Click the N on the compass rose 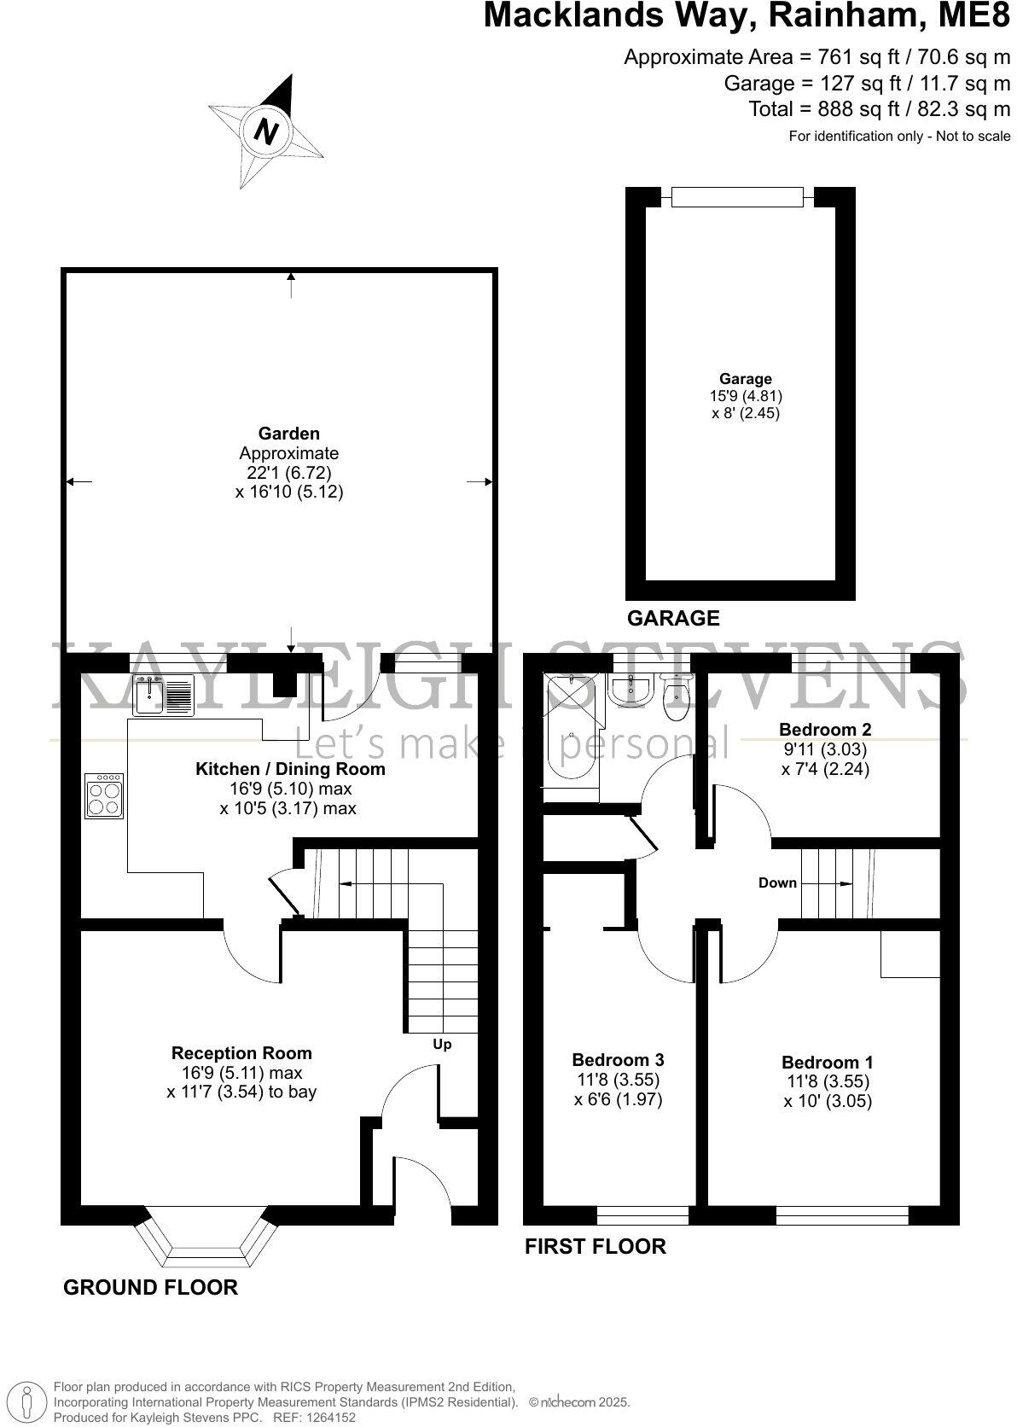point(267,132)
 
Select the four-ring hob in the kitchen point(104,795)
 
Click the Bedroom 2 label point(825,730)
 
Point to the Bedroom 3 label point(618,1060)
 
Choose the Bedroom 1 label point(828,1063)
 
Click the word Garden point(289,434)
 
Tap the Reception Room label point(241,1053)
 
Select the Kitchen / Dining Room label point(290,769)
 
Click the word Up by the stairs point(442,1045)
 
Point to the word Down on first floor point(777,883)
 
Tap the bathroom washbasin point(632,688)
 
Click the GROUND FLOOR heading point(150,1287)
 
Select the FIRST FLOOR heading point(595,1246)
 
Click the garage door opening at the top point(737,197)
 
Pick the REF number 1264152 point(328,1418)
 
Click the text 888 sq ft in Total point(834,109)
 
